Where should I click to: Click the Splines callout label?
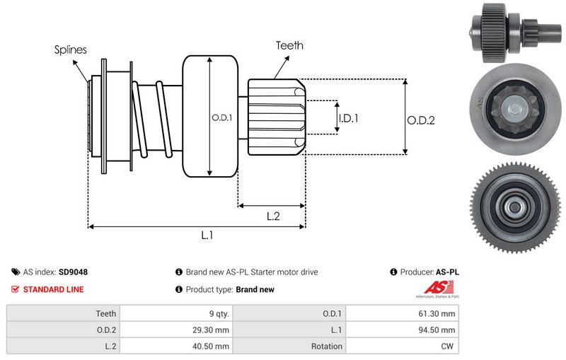pos(70,50)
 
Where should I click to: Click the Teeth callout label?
pos(289,45)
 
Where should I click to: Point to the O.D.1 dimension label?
pos(221,118)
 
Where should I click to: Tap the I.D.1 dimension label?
pos(348,119)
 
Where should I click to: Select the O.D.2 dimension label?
pos(420,120)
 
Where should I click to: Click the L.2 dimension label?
pos(273,216)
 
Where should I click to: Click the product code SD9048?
pos(73,272)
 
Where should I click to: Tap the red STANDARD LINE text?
pos(53,289)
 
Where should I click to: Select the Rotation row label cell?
pos(326,347)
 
